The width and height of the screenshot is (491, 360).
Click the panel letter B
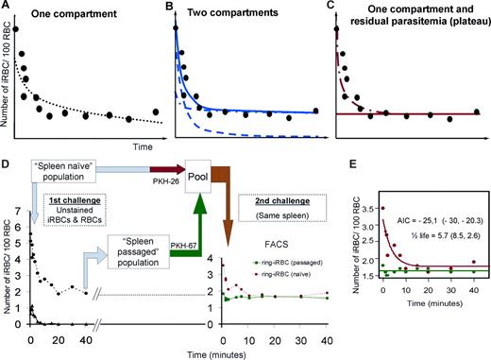170,8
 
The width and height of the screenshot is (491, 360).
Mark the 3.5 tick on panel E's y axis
369,208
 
